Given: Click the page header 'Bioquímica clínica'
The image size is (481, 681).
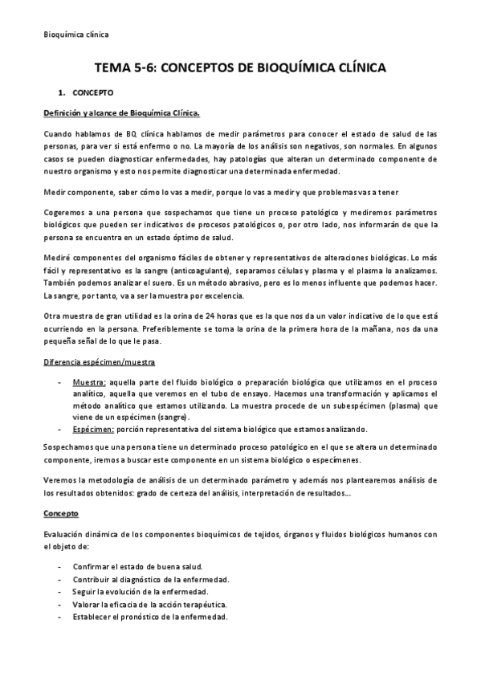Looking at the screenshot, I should pos(75,34).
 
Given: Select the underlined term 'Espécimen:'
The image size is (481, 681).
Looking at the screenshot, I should pos(94,429).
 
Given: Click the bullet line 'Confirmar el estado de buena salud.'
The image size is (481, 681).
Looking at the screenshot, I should pos(137,566).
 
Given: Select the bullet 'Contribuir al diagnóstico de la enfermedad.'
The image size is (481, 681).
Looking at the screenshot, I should pos(151,579).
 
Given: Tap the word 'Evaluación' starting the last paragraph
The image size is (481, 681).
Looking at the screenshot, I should pos(65,534).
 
